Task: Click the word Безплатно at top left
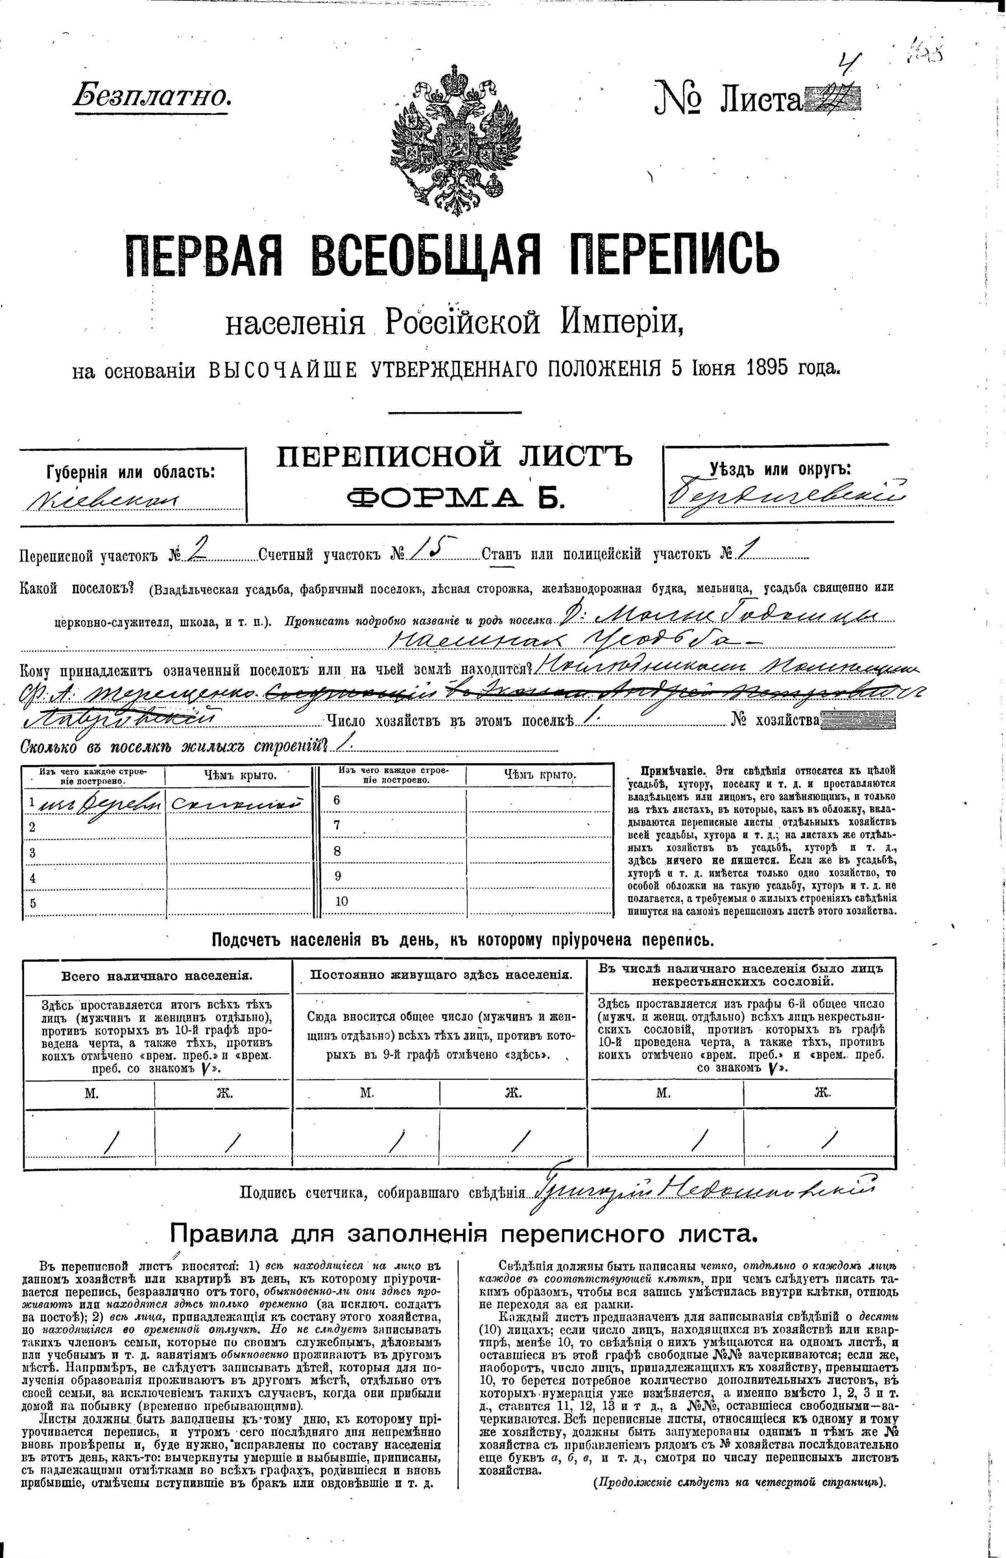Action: coord(152,97)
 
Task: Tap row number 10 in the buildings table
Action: coord(341,901)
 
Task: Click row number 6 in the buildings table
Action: coord(337,800)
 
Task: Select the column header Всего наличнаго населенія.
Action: coord(157,977)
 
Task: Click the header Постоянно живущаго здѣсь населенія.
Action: coord(441,974)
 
